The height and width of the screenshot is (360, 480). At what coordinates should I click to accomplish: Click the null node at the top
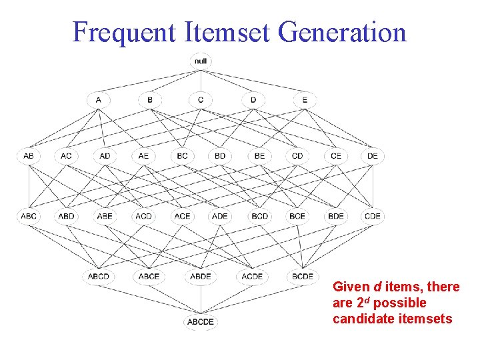click(x=201, y=61)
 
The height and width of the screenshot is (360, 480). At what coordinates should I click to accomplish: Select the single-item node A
click(x=99, y=100)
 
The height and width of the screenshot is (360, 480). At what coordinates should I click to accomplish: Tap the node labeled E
click(x=305, y=100)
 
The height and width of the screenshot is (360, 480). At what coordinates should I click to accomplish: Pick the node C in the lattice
click(x=201, y=100)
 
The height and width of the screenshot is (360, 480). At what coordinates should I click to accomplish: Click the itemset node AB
click(x=29, y=156)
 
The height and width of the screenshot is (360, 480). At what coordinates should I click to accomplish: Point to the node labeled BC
click(x=182, y=156)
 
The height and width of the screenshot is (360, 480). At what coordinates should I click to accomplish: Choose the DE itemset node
click(x=373, y=156)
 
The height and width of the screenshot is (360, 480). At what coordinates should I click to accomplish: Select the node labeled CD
click(x=297, y=156)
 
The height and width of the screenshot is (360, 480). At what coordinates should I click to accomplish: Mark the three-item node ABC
click(x=29, y=216)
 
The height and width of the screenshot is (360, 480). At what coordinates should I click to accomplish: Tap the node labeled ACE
click(x=182, y=216)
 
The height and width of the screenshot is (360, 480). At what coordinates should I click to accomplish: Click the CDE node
click(x=373, y=216)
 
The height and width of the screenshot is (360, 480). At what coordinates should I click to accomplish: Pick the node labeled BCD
click(x=259, y=216)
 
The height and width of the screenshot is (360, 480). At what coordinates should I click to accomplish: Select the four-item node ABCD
click(x=99, y=276)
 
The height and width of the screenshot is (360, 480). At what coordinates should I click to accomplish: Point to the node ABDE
click(x=201, y=276)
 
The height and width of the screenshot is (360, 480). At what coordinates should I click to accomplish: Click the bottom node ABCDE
click(x=201, y=322)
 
